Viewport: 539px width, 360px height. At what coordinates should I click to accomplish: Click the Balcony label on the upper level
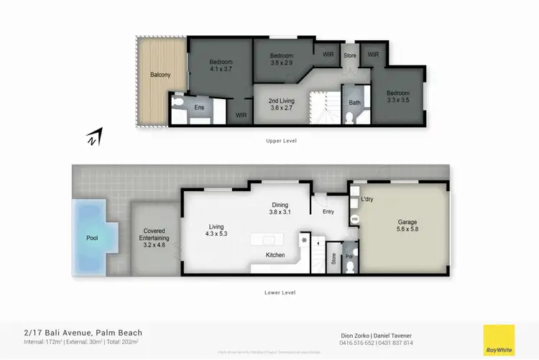click(x=160, y=75)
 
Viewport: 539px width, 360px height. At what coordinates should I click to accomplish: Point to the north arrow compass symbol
click(x=94, y=137)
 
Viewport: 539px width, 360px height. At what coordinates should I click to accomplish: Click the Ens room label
click(x=198, y=106)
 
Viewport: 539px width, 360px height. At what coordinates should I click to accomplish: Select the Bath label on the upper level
click(x=354, y=103)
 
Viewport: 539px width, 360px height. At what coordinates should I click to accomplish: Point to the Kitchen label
click(x=275, y=255)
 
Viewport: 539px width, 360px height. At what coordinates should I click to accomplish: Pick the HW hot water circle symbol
click(x=354, y=219)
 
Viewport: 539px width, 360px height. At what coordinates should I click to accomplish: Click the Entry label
click(x=328, y=211)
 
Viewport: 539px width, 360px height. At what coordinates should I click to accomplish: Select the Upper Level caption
click(x=281, y=141)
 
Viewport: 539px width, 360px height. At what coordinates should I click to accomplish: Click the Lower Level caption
click(x=281, y=292)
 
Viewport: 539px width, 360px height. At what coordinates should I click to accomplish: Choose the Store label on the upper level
click(x=350, y=55)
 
